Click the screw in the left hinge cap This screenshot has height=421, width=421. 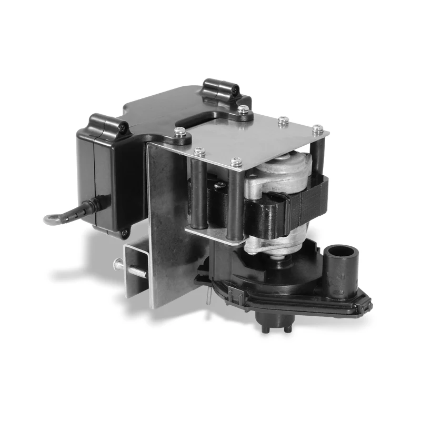(123, 127)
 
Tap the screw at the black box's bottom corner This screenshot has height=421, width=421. (124, 233)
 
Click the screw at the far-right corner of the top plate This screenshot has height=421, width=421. (317, 129)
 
